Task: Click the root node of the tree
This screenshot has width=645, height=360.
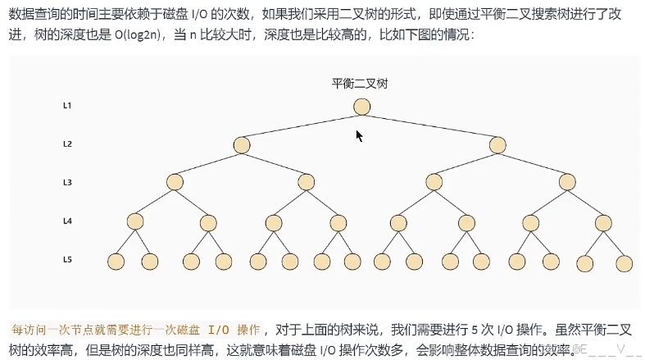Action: point(362,107)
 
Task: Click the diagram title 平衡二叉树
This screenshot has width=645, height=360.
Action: point(360,84)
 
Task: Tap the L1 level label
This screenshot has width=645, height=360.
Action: point(68,106)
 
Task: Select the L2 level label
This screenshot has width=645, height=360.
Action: point(68,144)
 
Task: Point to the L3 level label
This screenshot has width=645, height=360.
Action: point(68,182)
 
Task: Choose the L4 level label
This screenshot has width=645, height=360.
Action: point(68,221)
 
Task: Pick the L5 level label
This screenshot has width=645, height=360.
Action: point(68,260)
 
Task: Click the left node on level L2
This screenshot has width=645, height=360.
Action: point(241,145)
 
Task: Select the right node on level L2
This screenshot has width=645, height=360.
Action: point(497,145)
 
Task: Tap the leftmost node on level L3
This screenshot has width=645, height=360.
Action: point(175,182)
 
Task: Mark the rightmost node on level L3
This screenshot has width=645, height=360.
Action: point(567,182)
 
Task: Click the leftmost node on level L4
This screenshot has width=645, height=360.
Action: point(135,221)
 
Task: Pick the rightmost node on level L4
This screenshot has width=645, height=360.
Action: point(604,221)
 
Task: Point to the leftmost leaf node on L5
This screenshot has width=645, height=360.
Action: point(116,262)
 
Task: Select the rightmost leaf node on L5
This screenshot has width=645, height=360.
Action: point(625,263)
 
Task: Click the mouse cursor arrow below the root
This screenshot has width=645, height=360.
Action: point(358,135)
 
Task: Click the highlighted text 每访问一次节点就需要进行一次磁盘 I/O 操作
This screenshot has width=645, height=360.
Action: point(135,330)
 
